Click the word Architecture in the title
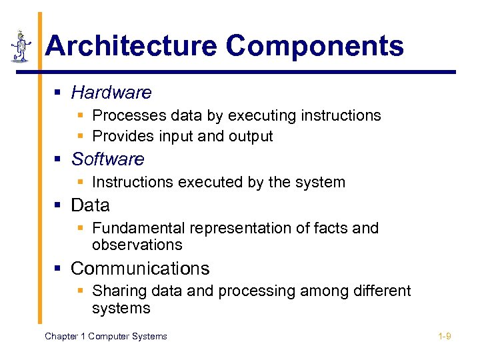131,47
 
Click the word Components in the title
315,47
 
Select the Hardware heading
111,92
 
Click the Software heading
107,159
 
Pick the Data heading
90,205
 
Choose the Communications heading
140,269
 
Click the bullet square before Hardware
59,93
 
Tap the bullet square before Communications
59,269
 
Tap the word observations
137,245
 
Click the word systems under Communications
121,308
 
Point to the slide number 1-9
445,336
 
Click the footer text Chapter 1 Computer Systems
105,336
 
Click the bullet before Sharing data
81,291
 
